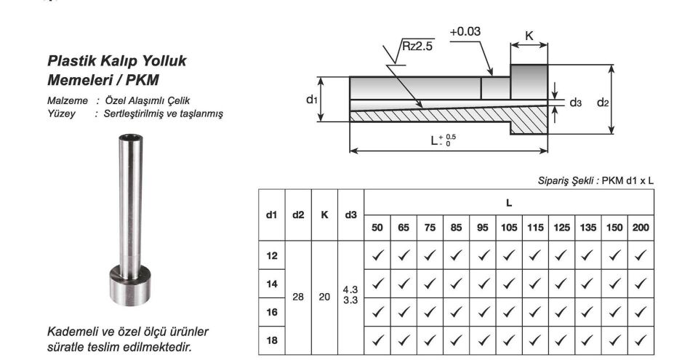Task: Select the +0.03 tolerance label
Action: point(465,32)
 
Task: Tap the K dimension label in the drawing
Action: point(529,35)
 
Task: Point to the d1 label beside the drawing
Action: point(312,98)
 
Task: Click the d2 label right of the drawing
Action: point(603,103)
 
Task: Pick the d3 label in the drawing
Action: point(575,103)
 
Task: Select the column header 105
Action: point(509,228)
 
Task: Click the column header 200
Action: point(641,228)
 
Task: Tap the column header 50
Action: point(377,228)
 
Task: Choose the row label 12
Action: point(272,255)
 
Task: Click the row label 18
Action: point(272,340)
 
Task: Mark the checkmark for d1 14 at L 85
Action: point(457,284)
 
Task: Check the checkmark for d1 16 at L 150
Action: point(614,312)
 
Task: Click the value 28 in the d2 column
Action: point(298,297)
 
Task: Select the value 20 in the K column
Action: point(324,297)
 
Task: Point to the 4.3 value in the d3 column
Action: point(350,289)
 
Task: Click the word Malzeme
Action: point(68,100)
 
